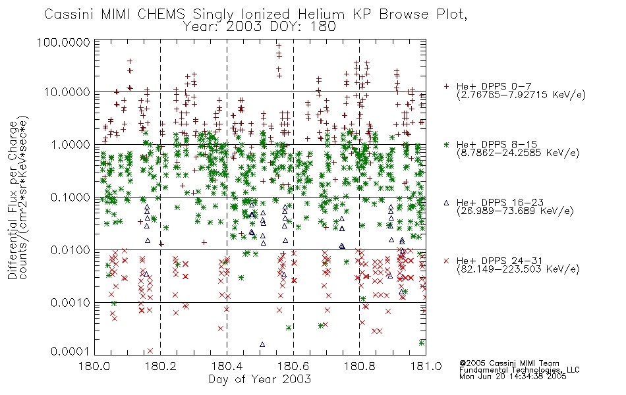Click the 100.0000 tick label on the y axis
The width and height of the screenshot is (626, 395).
tap(63, 42)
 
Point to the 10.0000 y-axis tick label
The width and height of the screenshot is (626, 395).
tap(67, 92)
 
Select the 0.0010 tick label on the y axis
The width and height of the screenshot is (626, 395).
tap(71, 303)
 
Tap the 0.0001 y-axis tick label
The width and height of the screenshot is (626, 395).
tap(71, 352)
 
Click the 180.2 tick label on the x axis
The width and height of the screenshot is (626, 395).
tap(161, 366)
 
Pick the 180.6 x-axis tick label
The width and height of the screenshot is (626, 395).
tap(293, 366)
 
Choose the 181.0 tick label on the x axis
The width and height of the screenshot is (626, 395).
tap(426, 366)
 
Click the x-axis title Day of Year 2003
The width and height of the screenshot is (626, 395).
tap(260, 379)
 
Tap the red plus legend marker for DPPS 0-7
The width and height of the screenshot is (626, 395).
tap(446, 86)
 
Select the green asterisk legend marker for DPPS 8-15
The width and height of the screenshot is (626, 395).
tap(446, 144)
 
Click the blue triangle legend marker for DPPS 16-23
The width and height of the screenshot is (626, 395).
tap(446, 203)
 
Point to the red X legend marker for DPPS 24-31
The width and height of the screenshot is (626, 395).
tap(446, 261)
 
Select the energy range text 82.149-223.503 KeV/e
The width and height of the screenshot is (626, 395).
tap(518, 269)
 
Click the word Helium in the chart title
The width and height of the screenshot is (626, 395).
tap(321, 14)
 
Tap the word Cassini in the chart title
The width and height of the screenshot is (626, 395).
tap(69, 14)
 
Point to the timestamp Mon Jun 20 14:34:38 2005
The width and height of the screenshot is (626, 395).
tap(513, 377)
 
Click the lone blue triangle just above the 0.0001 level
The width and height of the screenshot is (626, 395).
tap(262, 344)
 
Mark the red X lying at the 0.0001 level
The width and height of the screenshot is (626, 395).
tap(150, 351)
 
